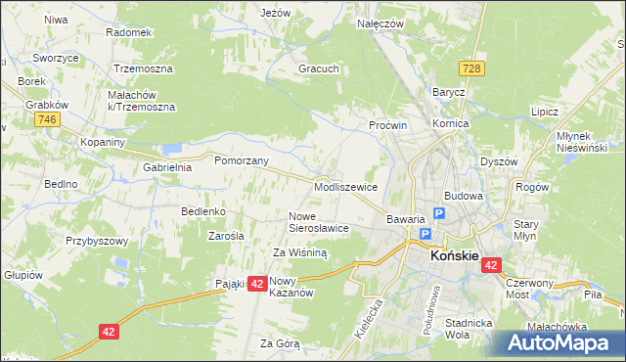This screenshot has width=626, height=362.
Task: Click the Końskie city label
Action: click(455, 255)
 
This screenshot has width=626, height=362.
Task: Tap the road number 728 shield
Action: click(472, 68)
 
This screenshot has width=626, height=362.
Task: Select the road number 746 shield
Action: click(45, 119)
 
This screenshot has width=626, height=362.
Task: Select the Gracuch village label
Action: click(319, 69)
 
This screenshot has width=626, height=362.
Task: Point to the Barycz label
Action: click(448, 91)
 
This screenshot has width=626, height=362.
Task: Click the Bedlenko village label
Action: click(203, 210)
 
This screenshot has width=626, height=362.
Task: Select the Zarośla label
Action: click(226, 236)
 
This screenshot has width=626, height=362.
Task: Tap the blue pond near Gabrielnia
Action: click(173, 149)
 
